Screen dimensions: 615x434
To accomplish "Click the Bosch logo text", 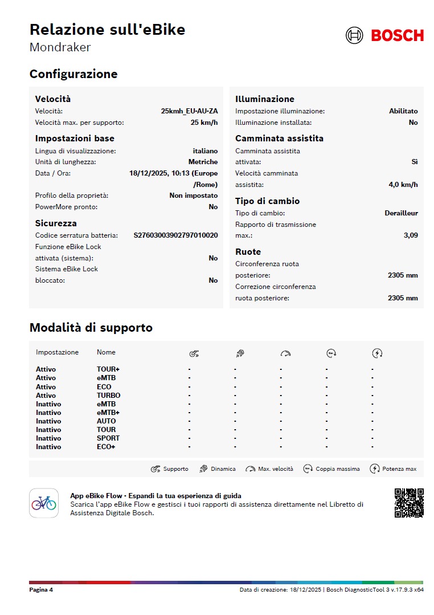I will tap(397, 35).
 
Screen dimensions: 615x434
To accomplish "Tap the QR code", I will tap(409, 503).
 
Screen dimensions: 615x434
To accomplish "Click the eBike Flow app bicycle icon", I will tap(44, 503).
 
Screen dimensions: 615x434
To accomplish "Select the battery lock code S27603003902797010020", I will tap(175, 235).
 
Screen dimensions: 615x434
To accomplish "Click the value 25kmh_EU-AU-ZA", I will tap(189, 111).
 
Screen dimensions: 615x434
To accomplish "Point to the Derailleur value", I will tap(401, 213).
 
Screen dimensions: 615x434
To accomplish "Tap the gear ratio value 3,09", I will tap(410, 235).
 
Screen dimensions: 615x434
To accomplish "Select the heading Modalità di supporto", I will tap(91, 328).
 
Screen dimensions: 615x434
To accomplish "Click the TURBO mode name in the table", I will tap(108, 396).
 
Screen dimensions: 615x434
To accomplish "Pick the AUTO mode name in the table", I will tap(106, 421).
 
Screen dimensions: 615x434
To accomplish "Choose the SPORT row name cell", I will tap(108, 438).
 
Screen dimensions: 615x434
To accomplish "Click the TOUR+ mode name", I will tap(108, 369).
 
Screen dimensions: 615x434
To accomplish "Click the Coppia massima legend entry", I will tap(331, 469).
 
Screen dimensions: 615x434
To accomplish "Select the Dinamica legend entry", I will tap(217, 469).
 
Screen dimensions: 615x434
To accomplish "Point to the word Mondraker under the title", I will tap(60, 47).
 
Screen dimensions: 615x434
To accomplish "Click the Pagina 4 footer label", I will tap(41, 590).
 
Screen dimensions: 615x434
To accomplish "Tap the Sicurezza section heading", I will tap(56, 223).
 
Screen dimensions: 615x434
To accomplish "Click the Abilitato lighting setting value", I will tap(403, 111).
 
